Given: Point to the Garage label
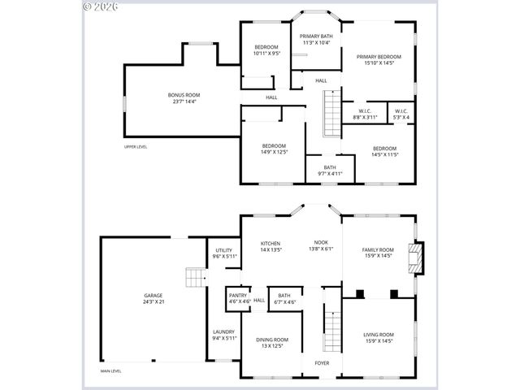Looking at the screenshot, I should click(x=154, y=297).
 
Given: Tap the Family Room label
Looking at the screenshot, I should click(x=377, y=253).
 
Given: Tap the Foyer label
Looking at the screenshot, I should click(x=322, y=362).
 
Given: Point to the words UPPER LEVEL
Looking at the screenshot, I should click(x=136, y=147).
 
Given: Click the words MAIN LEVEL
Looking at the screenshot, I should click(x=110, y=371).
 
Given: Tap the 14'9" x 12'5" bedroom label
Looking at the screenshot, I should click(x=273, y=149).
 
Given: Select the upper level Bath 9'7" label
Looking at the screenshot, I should click(x=329, y=170).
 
